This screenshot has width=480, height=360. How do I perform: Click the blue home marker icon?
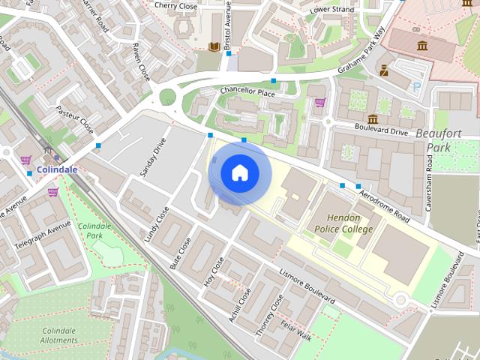[x=239, y=172]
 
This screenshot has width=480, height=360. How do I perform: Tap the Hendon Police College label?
[x=343, y=223]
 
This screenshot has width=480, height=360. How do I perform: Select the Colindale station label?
[x=56, y=170]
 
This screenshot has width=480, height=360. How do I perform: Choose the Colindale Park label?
[x=94, y=230]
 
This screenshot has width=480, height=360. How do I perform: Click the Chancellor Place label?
[x=247, y=92]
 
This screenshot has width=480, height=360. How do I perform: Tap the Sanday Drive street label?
[x=152, y=157]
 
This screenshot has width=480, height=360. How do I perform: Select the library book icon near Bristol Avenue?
[x=214, y=47]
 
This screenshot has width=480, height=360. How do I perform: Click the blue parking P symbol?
[x=417, y=86]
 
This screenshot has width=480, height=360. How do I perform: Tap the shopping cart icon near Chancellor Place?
[x=320, y=103]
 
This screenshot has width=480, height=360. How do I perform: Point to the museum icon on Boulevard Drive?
[x=373, y=119]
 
